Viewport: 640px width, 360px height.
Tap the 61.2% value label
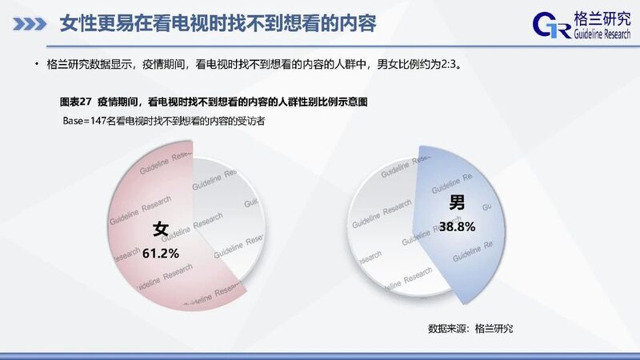(x=161, y=254)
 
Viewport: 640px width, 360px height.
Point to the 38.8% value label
(x=457, y=226)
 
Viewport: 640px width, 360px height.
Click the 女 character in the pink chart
(x=161, y=229)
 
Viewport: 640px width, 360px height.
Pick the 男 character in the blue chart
(x=457, y=202)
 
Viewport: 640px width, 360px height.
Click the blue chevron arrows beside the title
(x=30, y=24)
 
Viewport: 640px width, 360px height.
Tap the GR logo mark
(x=551, y=26)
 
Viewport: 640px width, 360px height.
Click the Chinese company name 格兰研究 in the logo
(x=602, y=18)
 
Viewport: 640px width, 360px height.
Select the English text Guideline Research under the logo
(x=602, y=34)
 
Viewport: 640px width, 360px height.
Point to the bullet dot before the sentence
(x=37, y=64)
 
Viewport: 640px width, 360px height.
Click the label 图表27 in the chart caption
(x=75, y=102)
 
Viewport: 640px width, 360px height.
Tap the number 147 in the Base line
(x=98, y=121)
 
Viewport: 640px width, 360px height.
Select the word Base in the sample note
(x=73, y=121)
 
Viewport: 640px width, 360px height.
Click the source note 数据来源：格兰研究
(x=470, y=329)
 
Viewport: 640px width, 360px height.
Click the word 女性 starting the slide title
(x=75, y=24)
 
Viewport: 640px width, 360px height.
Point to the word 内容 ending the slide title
(x=361, y=24)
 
